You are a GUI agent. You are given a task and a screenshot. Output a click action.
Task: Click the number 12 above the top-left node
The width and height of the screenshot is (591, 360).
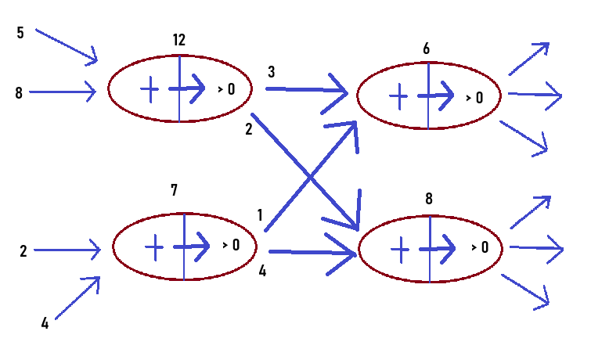click(x=179, y=39)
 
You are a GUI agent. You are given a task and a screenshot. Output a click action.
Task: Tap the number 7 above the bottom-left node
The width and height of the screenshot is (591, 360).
click(x=174, y=189)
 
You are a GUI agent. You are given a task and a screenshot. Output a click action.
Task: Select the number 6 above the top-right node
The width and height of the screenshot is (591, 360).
click(x=426, y=49)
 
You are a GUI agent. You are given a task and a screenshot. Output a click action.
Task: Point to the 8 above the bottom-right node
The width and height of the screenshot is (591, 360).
click(x=429, y=199)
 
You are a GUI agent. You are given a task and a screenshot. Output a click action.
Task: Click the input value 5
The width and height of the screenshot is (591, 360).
click(x=20, y=33)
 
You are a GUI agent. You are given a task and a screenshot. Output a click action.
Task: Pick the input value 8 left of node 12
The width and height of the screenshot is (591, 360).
click(x=19, y=93)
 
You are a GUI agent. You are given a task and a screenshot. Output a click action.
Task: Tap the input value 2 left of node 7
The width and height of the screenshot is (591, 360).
click(x=23, y=251)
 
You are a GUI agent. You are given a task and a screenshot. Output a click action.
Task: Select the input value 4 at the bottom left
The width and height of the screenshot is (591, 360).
click(x=45, y=322)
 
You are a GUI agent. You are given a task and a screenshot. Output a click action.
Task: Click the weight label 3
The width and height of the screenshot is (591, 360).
click(x=272, y=72)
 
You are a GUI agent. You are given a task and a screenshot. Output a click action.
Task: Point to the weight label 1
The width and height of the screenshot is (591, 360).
click(x=260, y=214)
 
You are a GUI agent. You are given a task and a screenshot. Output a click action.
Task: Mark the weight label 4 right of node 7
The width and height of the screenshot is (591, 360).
click(x=262, y=272)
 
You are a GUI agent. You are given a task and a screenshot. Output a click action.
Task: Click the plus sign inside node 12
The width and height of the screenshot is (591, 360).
click(x=149, y=89)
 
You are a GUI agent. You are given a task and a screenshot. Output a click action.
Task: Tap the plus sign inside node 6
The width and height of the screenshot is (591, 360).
click(x=398, y=96)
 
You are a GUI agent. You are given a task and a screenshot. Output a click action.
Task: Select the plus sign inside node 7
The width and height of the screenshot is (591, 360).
click(x=154, y=247)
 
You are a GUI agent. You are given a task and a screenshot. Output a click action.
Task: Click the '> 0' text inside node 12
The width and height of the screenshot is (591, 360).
click(x=226, y=89)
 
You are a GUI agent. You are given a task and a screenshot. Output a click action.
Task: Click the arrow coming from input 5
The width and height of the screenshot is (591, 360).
click(x=67, y=45)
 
